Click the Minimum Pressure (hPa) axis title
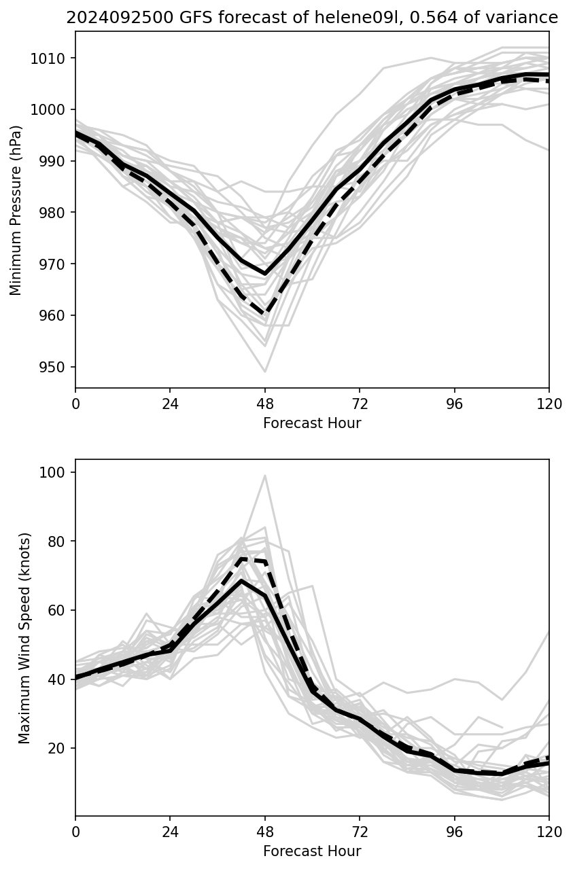click(x=16, y=210)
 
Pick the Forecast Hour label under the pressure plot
click(x=312, y=423)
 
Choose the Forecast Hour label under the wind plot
click(x=312, y=851)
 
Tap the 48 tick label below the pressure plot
click(x=265, y=404)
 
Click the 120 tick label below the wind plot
click(x=549, y=832)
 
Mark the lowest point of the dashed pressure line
click(x=265, y=314)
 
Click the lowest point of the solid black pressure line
click(x=265, y=274)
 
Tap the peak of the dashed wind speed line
click(x=241, y=558)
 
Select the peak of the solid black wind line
click(x=241, y=580)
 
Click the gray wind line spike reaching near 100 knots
click(x=265, y=476)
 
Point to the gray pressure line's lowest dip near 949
click(x=265, y=372)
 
